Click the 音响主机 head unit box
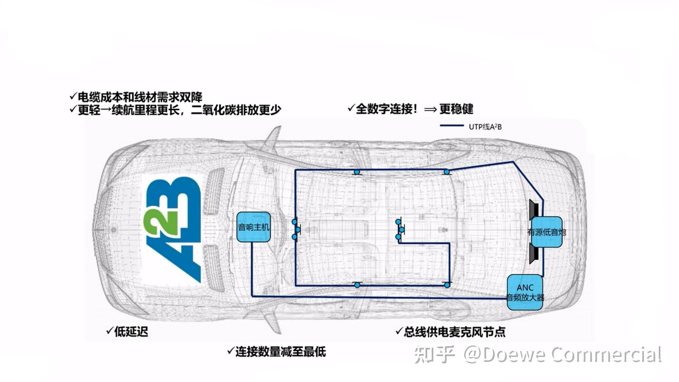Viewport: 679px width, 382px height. pyautogui.click(x=253, y=227)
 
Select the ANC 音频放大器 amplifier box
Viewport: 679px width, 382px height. pyautogui.click(x=525, y=292)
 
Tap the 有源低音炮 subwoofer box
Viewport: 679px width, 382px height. pyautogui.click(x=547, y=232)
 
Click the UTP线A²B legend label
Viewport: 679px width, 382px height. pyautogui.click(x=485, y=127)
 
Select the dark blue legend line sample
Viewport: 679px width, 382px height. pyautogui.click(x=452, y=126)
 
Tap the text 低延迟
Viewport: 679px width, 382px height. pyautogui.click(x=131, y=332)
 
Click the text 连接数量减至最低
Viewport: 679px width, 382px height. pyautogui.click(x=281, y=352)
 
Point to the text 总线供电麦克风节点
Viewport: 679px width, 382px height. pyautogui.click(x=454, y=332)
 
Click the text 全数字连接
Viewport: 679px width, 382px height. pyautogui.click(x=384, y=109)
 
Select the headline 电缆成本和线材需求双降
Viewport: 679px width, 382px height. pyautogui.click(x=140, y=97)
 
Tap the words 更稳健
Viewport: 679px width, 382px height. pyautogui.click(x=456, y=109)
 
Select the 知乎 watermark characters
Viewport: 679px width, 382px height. pyautogui.click(x=434, y=354)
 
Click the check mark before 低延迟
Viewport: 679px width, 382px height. pyautogui.click(x=109, y=331)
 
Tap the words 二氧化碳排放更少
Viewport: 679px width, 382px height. pyautogui.click(x=236, y=110)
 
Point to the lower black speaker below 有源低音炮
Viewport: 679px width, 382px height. pyautogui.click(x=534, y=254)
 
